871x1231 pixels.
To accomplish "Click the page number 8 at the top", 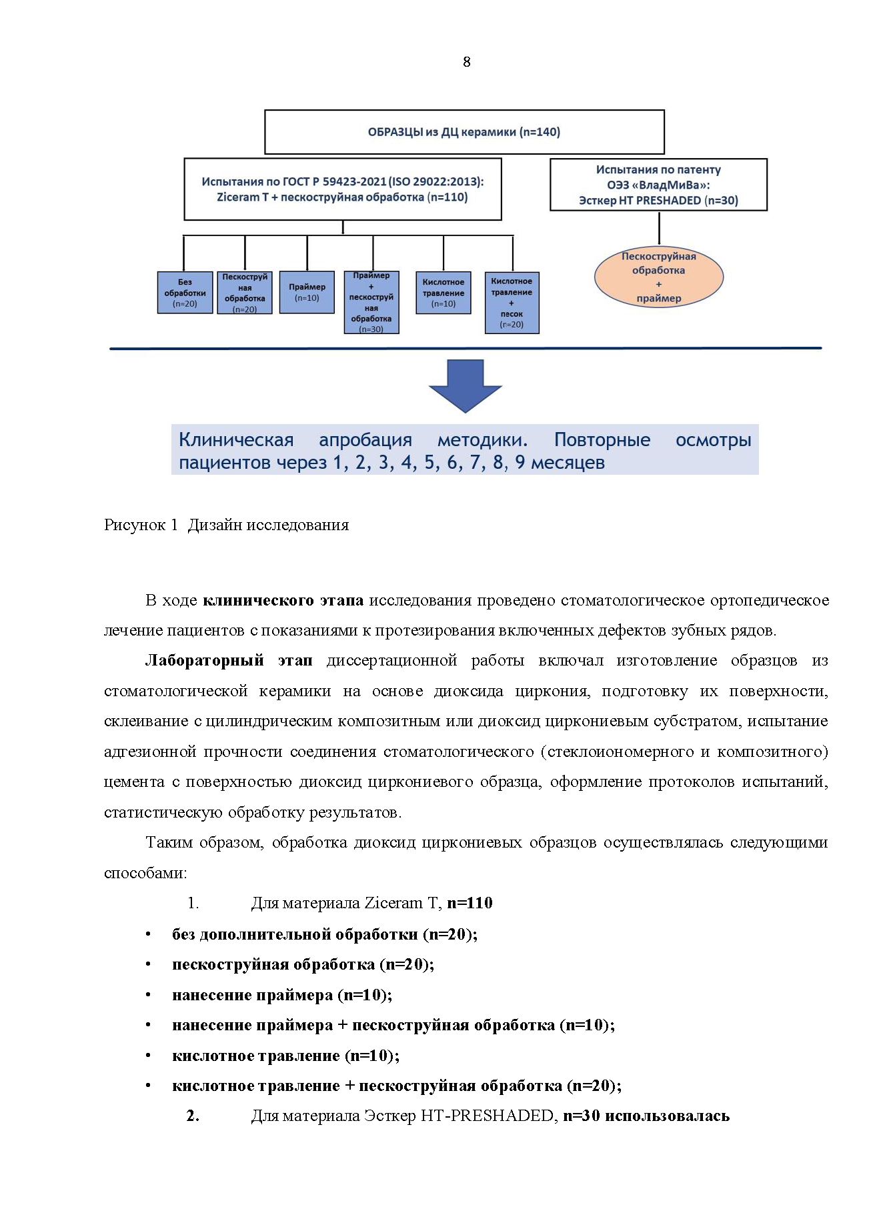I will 466,62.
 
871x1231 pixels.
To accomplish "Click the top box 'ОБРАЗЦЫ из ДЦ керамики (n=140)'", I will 464,132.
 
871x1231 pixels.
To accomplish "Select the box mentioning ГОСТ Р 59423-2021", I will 343,189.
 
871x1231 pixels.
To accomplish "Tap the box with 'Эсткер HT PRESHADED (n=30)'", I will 658,185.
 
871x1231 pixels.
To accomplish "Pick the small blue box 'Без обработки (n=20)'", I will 185,293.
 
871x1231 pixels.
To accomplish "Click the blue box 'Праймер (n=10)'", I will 307,292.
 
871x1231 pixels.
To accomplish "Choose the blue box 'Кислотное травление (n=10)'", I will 443,292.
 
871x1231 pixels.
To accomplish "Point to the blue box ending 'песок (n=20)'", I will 512,303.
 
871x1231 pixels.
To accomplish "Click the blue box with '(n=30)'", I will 371,302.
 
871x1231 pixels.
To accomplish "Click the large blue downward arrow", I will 465,385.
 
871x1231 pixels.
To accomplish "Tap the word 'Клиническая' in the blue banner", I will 236,440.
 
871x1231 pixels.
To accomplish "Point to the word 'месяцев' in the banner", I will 568,463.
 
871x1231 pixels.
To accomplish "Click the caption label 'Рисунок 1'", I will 141,525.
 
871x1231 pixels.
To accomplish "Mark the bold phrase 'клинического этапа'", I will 283,600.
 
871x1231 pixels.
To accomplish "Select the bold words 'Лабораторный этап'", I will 228,661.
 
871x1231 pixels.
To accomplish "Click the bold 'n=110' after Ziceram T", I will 470,904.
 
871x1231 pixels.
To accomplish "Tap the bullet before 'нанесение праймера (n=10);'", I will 148,996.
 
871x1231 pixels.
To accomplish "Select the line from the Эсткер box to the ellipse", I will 659,228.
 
